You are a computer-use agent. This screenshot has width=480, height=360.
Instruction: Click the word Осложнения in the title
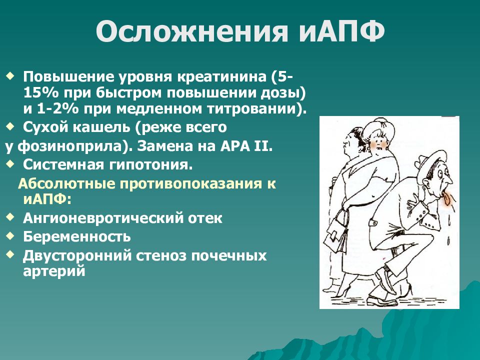click(x=192, y=31)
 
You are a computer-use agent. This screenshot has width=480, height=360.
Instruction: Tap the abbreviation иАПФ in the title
click(x=341, y=31)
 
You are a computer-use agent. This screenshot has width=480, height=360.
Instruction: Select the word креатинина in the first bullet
click(x=222, y=76)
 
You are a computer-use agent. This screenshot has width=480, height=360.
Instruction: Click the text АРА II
click(x=246, y=146)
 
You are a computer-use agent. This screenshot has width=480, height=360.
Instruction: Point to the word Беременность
click(x=77, y=236)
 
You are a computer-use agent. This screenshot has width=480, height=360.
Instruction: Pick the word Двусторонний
click(x=77, y=256)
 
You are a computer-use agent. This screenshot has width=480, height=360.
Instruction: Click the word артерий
click(x=54, y=271)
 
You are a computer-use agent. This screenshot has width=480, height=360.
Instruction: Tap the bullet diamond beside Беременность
click(x=10, y=235)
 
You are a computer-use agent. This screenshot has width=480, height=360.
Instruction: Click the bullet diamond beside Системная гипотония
click(x=10, y=164)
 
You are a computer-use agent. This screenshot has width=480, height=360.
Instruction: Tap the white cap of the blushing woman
click(x=377, y=126)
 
